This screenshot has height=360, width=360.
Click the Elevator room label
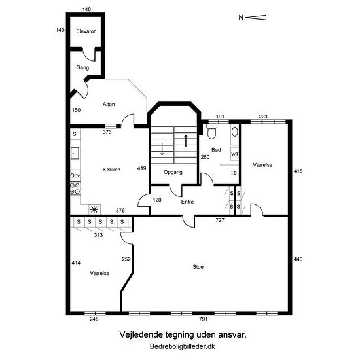pos(86,31)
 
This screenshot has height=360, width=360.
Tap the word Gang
pos(82,67)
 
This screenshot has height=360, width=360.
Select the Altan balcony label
pos(109,104)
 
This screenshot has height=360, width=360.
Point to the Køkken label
pos(111,170)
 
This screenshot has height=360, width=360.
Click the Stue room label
pos(198,267)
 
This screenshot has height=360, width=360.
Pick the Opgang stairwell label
pos(173,172)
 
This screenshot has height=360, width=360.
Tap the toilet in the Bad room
pos(211,131)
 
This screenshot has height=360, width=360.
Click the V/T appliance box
pos(234,154)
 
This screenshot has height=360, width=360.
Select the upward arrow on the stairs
pos(186,141)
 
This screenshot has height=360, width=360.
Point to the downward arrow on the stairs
pos(162,149)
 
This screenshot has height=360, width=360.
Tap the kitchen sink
pos(75,153)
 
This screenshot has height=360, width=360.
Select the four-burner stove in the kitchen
pos(75,189)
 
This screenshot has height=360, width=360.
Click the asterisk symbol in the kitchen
pos(94,209)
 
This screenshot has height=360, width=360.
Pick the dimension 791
pos(203,319)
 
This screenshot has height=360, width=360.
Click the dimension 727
pos(220,220)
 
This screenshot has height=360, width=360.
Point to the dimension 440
pos(298,259)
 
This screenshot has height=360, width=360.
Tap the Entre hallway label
pos(187,202)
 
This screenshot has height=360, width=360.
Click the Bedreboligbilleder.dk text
pos(183,346)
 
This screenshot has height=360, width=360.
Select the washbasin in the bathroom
pos(234,132)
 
